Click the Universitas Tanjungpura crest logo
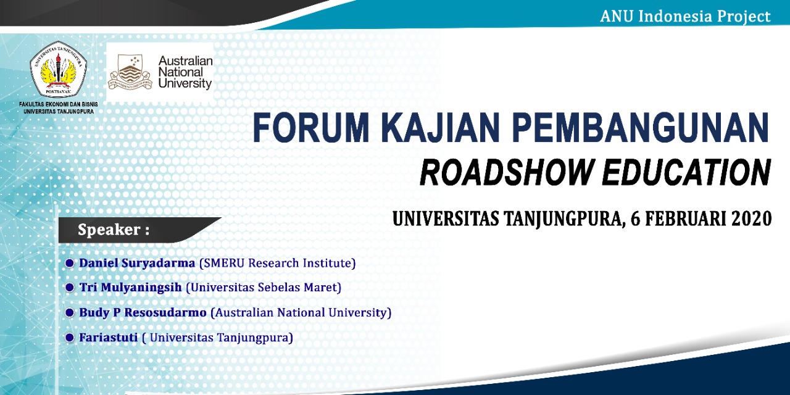[x=59, y=70]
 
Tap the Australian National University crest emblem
[x=130, y=72]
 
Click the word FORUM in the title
[x=311, y=127]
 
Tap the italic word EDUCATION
[x=686, y=172]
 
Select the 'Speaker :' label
[x=114, y=230]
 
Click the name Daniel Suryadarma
[x=137, y=263]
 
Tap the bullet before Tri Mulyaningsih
[x=70, y=288]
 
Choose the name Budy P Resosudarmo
[x=143, y=313]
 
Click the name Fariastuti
[x=108, y=338]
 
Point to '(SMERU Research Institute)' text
[x=278, y=264]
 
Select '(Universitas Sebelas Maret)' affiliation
[x=264, y=288]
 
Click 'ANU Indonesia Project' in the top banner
[x=685, y=16]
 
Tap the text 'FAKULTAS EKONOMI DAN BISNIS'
[x=59, y=104]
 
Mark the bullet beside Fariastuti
[x=70, y=338]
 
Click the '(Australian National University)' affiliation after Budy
[x=301, y=313]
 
